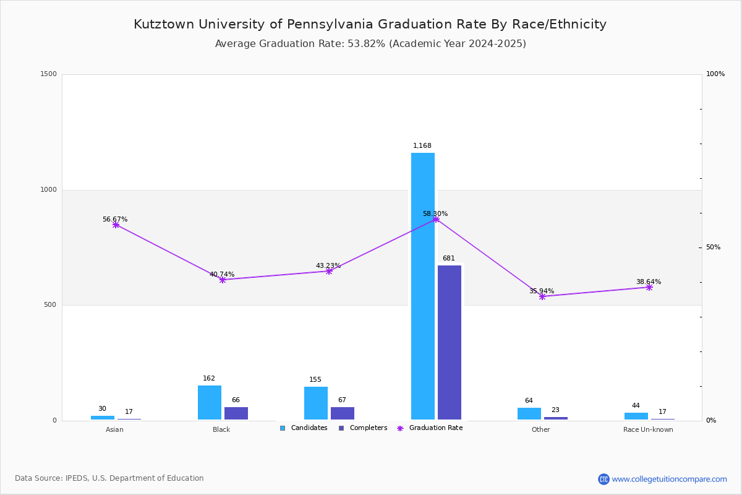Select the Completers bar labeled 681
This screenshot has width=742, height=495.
coord(450,342)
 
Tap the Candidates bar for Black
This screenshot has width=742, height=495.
coord(210,402)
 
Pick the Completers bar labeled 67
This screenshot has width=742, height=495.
coord(343,413)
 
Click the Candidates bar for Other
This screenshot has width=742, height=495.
coord(529,413)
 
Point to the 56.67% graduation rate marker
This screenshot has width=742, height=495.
coord(116,225)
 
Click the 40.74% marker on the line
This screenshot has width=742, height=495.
coord(223,280)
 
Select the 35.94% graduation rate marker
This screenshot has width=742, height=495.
coord(542,296)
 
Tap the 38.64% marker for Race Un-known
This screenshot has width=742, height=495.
coord(649,287)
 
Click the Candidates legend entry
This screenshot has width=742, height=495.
coord(304,428)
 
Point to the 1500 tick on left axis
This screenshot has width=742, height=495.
coord(49,74)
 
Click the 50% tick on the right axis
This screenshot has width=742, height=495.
coord(713,247)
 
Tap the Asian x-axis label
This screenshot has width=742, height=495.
coord(114,429)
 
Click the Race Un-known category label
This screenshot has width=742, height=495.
coord(648,429)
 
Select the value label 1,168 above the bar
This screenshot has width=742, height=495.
coord(422,146)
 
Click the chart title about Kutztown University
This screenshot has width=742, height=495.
coord(370,24)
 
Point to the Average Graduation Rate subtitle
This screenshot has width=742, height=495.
coord(370,44)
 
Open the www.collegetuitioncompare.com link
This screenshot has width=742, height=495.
coord(669,479)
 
